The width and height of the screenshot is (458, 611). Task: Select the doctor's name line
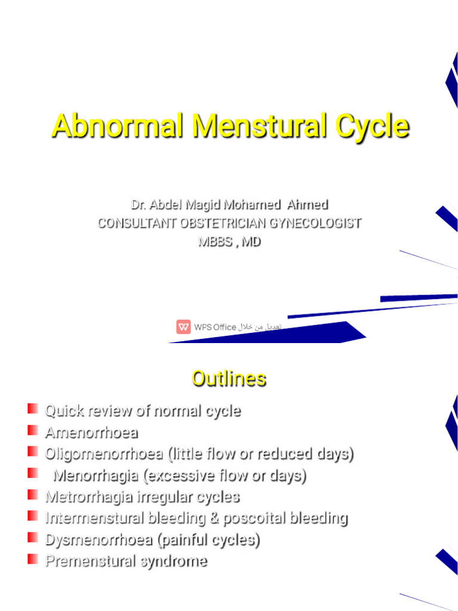tap(230, 205)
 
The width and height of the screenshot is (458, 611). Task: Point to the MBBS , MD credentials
tap(230, 242)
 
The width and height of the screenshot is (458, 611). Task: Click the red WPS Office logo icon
tap(183, 326)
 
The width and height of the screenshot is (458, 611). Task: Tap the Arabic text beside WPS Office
tap(260, 327)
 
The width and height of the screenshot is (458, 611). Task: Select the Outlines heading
tap(229, 378)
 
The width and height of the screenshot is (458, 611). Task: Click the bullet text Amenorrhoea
tap(91, 432)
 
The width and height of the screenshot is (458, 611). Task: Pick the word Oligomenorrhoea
tap(104, 453)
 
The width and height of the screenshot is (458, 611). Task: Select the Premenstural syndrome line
tap(126, 561)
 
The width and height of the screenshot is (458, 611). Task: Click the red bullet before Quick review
tap(32, 409)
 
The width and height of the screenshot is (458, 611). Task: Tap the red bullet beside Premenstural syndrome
tap(32, 559)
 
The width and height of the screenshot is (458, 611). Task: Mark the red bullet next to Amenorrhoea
tap(32, 430)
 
